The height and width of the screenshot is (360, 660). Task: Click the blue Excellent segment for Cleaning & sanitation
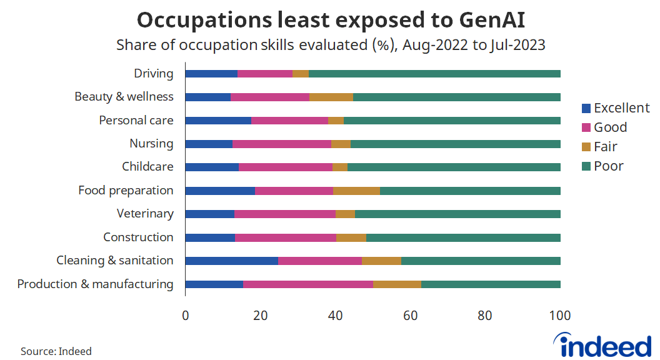(x=232, y=261)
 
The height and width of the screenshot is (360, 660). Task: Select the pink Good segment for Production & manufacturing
(x=308, y=284)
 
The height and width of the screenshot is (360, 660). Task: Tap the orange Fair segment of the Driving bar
(x=301, y=74)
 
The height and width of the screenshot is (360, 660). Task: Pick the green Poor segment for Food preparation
(x=470, y=191)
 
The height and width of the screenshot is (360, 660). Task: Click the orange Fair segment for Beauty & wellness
(x=331, y=97)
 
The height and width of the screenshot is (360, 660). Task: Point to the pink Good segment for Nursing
(x=282, y=144)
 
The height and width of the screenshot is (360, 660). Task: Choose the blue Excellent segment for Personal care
(x=218, y=121)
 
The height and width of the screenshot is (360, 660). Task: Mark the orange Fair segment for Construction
(x=351, y=237)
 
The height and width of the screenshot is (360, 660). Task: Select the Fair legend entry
(x=605, y=147)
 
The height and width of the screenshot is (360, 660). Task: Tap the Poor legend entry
(x=608, y=166)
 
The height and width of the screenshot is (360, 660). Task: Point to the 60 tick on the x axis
(x=411, y=316)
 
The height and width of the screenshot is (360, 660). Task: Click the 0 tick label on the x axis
(x=186, y=316)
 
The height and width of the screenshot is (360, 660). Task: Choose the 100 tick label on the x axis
(x=560, y=316)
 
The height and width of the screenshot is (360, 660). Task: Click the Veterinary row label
(x=145, y=214)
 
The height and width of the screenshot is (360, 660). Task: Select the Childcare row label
(x=147, y=167)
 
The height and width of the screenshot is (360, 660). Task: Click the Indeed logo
(x=602, y=345)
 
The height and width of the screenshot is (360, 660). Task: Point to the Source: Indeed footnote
(x=56, y=351)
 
